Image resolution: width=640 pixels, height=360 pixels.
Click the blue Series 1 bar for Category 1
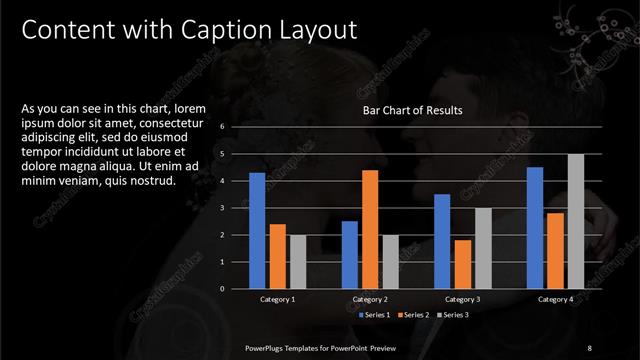(x=257, y=230)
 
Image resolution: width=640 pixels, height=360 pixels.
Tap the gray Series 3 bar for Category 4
(x=576, y=221)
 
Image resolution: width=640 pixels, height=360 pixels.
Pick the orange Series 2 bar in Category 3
(x=462, y=264)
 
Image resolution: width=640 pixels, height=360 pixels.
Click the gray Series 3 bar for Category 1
(x=298, y=261)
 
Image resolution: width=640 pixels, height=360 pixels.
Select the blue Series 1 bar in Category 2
(x=350, y=254)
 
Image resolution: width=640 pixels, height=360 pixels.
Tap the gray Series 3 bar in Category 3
(x=483, y=248)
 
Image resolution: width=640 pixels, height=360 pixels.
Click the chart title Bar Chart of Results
(x=413, y=111)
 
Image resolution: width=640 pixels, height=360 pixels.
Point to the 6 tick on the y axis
(x=236, y=127)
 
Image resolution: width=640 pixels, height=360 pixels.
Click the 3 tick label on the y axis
(x=236, y=208)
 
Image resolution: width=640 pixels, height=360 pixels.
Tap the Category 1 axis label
(x=278, y=299)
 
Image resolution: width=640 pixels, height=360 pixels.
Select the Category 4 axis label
(x=555, y=299)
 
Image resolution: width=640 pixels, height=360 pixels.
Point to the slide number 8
(x=590, y=347)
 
